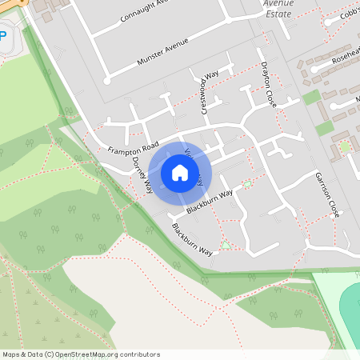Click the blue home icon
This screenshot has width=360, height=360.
(179, 172)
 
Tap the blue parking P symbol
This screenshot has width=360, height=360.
(2, 36)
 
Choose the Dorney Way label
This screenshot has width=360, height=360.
(142, 174)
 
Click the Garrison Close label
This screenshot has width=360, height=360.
(328, 194)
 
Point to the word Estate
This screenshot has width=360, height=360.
(279, 14)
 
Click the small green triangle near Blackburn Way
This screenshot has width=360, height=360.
(226, 244)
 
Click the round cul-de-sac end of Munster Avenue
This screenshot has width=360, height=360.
(106, 79)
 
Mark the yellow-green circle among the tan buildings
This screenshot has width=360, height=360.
(345, 147)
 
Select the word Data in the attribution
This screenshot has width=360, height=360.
(34, 354)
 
